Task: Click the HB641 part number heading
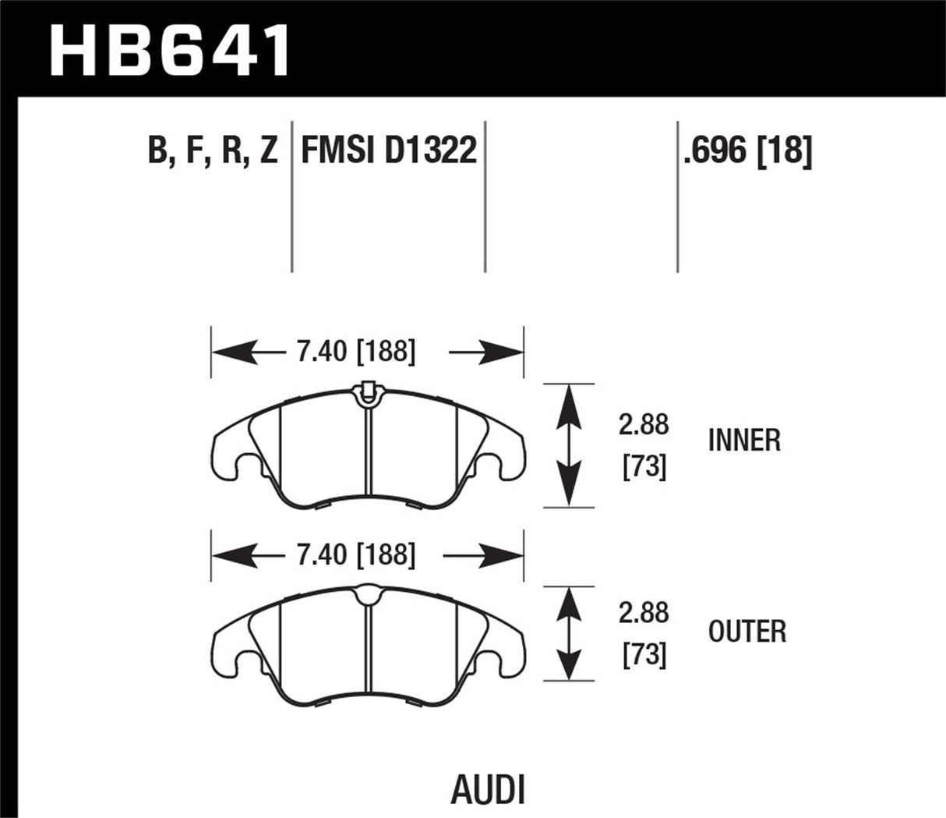(170, 50)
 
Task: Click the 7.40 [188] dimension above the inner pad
(355, 352)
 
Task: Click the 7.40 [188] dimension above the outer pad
(355, 555)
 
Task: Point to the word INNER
(744, 441)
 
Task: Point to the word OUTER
(747, 631)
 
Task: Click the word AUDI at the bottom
(489, 789)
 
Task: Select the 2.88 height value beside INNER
(644, 425)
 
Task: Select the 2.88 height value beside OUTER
(644, 614)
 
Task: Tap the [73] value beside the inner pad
(644, 467)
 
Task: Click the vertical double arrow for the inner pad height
(570, 445)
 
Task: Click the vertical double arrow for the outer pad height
(570, 634)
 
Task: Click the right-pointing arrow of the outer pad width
(483, 555)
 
